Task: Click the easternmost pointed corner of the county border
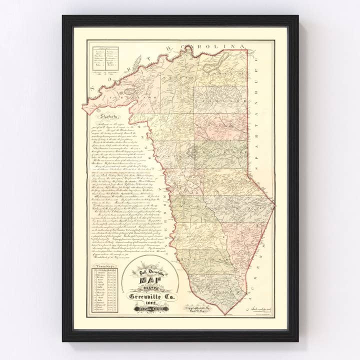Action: click(273, 202)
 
